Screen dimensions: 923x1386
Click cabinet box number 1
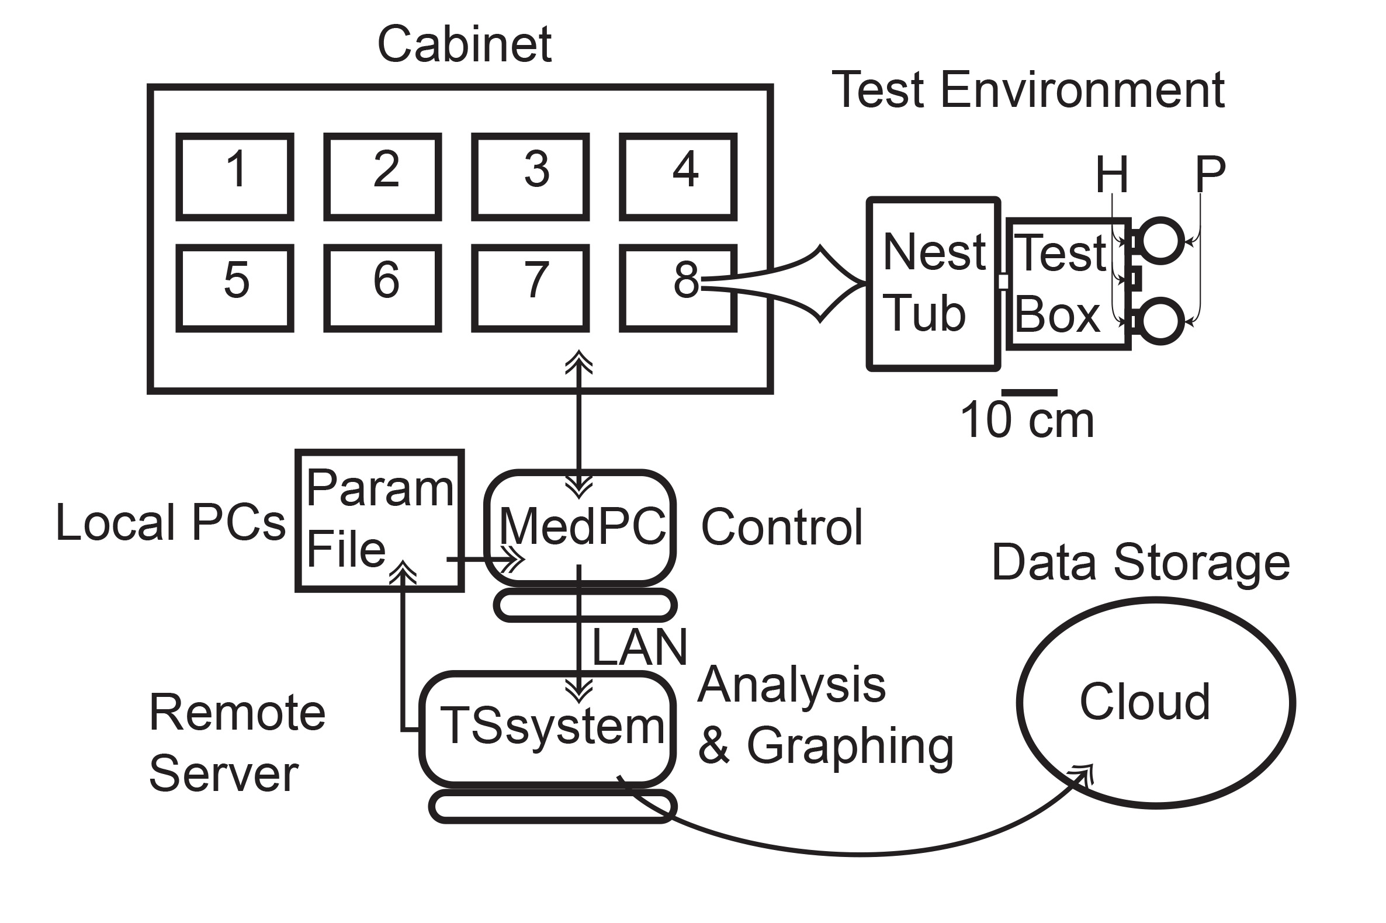[x=235, y=176]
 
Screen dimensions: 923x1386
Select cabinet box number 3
[x=530, y=176]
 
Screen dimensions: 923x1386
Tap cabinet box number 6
[x=383, y=288]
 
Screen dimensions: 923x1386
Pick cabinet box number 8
[x=678, y=288]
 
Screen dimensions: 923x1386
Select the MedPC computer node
[x=580, y=528]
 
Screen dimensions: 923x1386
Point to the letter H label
[x=1111, y=175]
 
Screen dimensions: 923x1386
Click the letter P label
[x=1210, y=173]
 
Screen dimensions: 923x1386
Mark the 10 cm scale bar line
[x=1029, y=393]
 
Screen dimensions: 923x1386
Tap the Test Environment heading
[x=1028, y=90]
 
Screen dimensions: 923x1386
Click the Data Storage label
[x=1141, y=562]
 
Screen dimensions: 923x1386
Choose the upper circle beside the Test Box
[x=1159, y=240]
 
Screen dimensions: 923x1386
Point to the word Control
[x=781, y=528]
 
